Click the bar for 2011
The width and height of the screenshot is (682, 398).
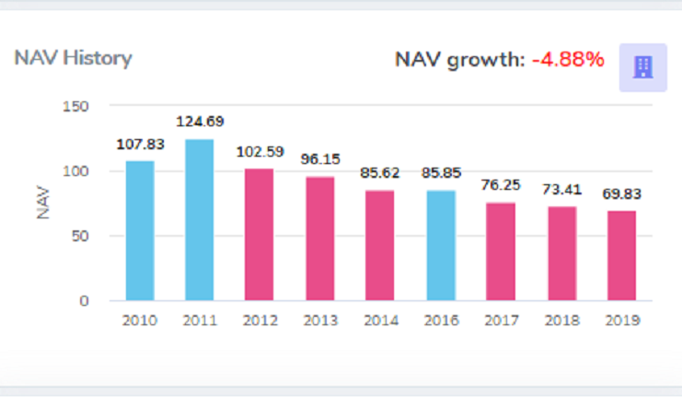(x=199, y=219)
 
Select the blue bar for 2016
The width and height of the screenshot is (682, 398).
(x=441, y=245)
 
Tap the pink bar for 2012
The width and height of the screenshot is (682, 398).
(x=260, y=234)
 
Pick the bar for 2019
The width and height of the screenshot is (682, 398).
(x=621, y=255)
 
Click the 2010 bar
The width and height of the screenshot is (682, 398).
(x=140, y=230)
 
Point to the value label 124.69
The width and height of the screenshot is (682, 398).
(x=200, y=121)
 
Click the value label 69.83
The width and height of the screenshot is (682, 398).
(x=622, y=194)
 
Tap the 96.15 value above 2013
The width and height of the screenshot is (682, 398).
(x=320, y=158)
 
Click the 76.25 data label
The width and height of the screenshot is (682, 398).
(x=501, y=184)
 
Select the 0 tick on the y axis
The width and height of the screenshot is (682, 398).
(x=85, y=301)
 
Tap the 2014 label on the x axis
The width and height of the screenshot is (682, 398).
(x=380, y=321)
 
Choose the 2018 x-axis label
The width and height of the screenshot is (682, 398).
(x=561, y=321)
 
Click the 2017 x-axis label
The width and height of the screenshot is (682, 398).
(x=501, y=321)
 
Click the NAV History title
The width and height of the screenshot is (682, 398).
(x=74, y=58)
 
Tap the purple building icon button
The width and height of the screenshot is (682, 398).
(x=642, y=67)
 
